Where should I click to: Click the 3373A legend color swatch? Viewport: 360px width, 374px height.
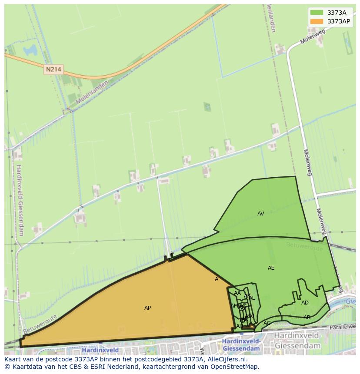[317, 13]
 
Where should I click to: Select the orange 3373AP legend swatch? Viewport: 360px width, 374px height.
[317, 21]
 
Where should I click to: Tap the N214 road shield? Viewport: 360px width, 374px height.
[53, 69]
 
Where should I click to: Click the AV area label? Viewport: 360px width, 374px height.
[261, 214]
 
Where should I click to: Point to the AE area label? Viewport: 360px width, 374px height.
[271, 268]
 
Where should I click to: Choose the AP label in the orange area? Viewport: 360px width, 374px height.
[148, 308]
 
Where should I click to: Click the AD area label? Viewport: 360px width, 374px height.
[305, 303]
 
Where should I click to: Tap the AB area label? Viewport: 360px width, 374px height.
[307, 318]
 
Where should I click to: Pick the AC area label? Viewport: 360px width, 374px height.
[267, 323]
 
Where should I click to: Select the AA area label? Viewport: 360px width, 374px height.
[237, 293]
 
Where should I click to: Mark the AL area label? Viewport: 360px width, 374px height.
[252, 298]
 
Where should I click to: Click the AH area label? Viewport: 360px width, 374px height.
[240, 326]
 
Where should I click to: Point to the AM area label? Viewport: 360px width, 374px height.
[234, 306]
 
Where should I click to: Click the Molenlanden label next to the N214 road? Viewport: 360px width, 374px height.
[91, 94]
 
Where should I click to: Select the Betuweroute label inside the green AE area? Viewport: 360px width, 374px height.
[305, 247]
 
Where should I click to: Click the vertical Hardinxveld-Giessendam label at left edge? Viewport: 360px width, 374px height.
[20, 200]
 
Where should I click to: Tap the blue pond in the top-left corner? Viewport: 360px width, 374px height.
[30, 50]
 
